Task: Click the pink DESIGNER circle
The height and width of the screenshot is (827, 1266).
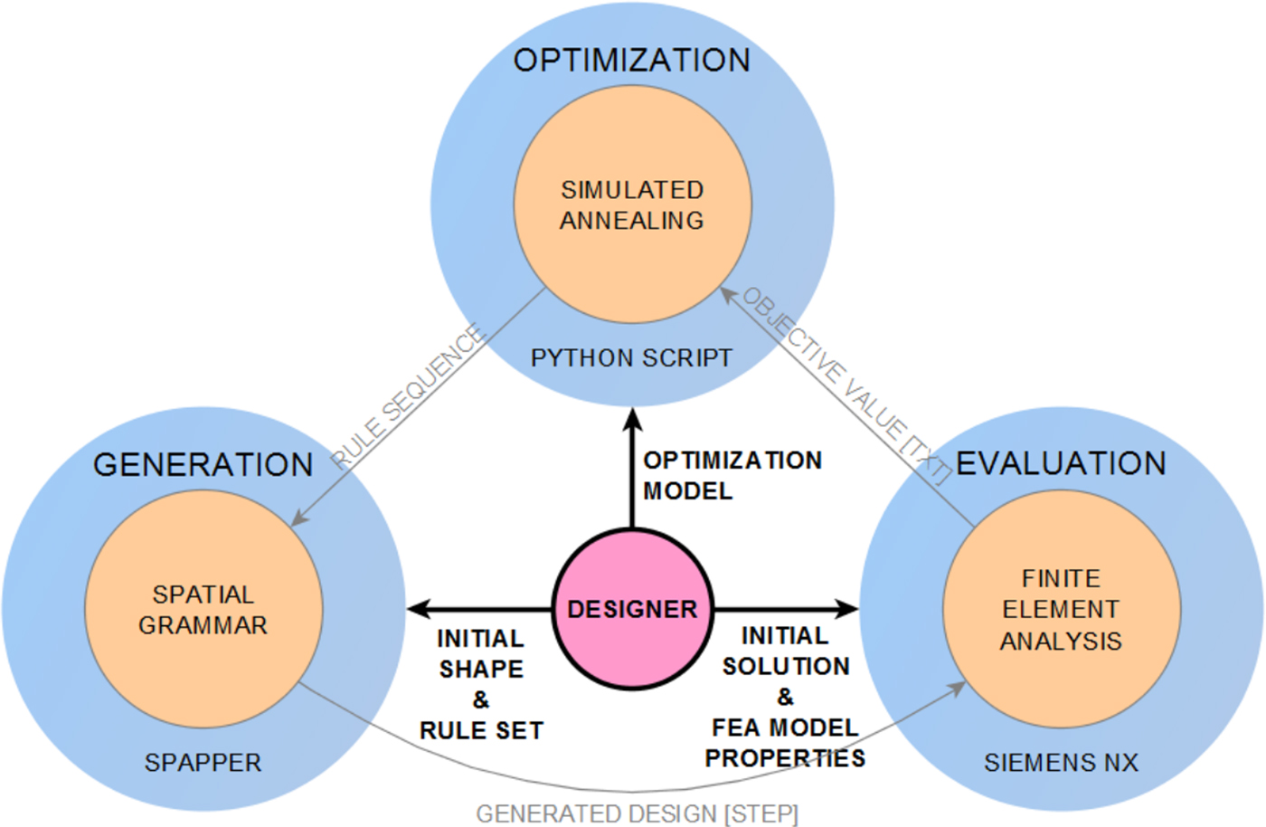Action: click(x=632, y=609)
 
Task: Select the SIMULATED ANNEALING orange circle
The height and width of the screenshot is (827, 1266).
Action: click(x=632, y=204)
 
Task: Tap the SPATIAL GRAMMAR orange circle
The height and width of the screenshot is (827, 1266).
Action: click(x=203, y=609)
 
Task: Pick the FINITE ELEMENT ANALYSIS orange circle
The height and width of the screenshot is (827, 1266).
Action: click(x=1061, y=609)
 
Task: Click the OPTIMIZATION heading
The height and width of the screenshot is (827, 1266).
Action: click(x=632, y=61)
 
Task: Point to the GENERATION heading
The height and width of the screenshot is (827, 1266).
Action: click(x=203, y=465)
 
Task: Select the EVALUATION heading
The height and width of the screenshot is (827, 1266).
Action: click(x=1061, y=463)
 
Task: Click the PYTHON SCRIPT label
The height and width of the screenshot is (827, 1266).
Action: click(x=631, y=358)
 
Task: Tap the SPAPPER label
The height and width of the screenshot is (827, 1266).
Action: click(x=203, y=763)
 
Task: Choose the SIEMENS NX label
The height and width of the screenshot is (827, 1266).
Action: click(x=1061, y=763)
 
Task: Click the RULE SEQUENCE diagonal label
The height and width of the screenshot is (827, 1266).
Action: click(x=409, y=396)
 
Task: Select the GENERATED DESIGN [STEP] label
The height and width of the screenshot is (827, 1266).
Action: click(x=637, y=813)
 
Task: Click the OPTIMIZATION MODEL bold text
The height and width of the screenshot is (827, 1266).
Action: click(x=732, y=475)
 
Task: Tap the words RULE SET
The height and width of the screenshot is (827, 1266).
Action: click(x=481, y=730)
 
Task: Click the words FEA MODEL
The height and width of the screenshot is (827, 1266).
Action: click(x=784, y=727)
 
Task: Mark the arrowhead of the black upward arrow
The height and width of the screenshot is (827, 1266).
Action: click(x=632, y=419)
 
